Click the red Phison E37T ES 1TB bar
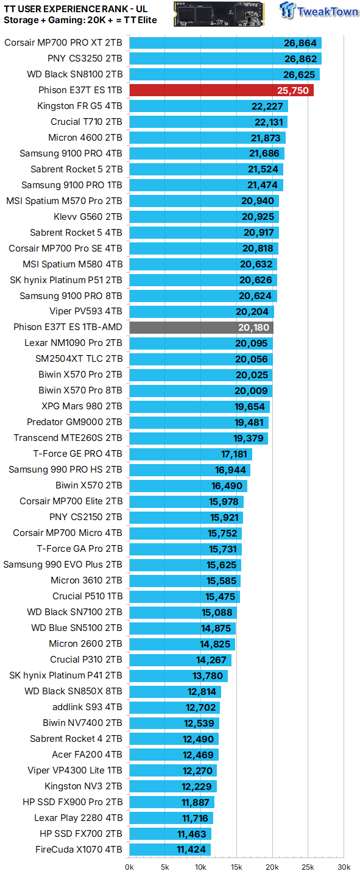[221, 90]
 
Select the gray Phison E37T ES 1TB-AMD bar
[202, 327]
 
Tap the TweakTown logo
[319, 10]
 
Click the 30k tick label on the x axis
[344, 867]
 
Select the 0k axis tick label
[129, 867]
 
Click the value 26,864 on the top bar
[300, 43]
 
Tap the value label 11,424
[191, 850]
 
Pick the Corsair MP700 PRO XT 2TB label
[63, 43]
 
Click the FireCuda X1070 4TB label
[79, 850]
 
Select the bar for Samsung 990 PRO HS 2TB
[190, 470]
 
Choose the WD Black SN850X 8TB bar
[175, 691]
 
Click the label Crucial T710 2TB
[86, 122]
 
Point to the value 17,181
[235, 454]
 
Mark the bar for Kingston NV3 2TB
[173, 786]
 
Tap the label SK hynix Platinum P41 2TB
[66, 675]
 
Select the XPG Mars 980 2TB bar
[200, 406]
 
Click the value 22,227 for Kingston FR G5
[267, 106]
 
